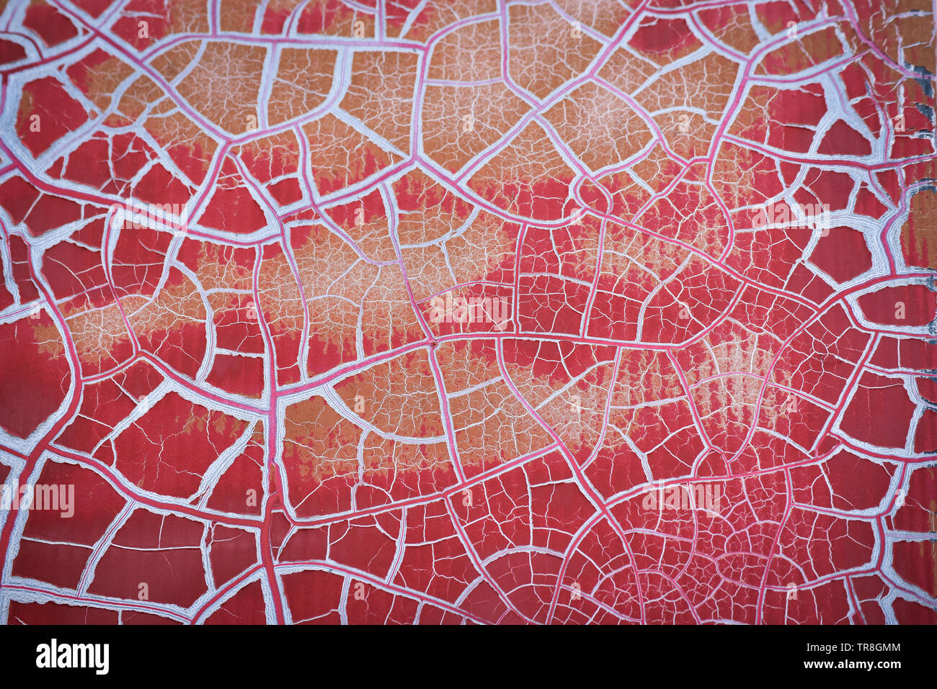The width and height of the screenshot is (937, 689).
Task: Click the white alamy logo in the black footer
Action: point(72,657)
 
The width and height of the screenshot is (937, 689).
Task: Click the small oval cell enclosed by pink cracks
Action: point(590,192)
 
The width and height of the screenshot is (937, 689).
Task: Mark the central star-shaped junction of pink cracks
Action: point(432,343)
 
